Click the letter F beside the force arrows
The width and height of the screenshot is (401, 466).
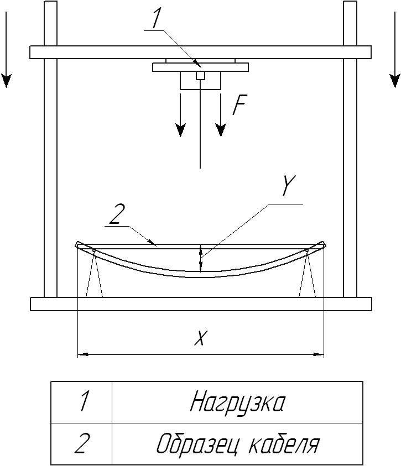pyautogui.click(x=239, y=105)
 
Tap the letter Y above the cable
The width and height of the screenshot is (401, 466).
pyautogui.click(x=288, y=185)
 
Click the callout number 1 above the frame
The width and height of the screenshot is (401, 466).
pyautogui.click(x=157, y=19)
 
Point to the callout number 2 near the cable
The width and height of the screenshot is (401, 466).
pyautogui.click(x=116, y=214)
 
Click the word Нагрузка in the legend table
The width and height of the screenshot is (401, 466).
pyautogui.click(x=237, y=402)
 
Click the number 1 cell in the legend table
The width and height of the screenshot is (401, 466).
pyautogui.click(x=81, y=402)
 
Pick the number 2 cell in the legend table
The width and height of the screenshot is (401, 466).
pyautogui.click(x=81, y=444)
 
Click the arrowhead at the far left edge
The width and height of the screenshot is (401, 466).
pyautogui.click(x=6, y=81)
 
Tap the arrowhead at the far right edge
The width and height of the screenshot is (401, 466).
pyautogui.click(x=395, y=81)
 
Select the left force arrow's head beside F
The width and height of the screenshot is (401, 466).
pyautogui.click(x=180, y=130)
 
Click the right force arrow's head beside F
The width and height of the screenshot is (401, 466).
pyautogui.click(x=221, y=130)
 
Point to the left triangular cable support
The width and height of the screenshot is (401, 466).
pyautogui.click(x=94, y=274)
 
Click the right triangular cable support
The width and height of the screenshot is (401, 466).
pyautogui.click(x=307, y=274)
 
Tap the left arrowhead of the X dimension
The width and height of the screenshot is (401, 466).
pyautogui.click(x=82, y=354)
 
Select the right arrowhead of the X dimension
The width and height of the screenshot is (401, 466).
pyautogui.click(x=319, y=354)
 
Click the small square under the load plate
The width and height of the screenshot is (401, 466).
pyautogui.click(x=200, y=76)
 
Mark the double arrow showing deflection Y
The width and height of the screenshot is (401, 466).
pyautogui.click(x=201, y=258)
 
